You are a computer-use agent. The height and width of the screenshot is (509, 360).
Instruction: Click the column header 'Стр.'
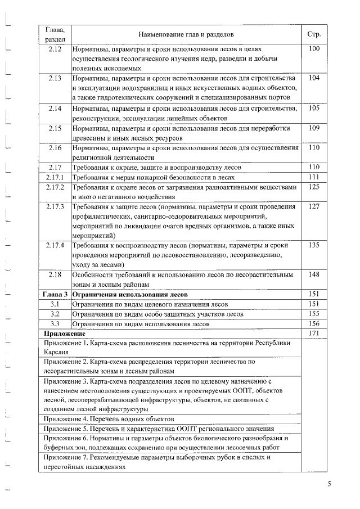[314, 34]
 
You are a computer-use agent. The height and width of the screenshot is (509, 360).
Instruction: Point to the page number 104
[314, 78]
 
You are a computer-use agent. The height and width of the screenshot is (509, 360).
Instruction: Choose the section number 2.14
[55, 108]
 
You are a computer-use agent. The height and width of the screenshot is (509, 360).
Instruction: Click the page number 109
[314, 128]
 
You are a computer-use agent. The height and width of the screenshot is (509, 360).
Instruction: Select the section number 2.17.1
[55, 177]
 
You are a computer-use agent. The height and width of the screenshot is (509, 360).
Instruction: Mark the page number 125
[314, 187]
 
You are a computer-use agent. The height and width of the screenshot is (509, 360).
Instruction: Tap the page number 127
[314, 206]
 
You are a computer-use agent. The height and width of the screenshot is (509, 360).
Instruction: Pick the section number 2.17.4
[55, 245]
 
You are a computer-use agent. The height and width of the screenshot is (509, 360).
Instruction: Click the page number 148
[314, 274]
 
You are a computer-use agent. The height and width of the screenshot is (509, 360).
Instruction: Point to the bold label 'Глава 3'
[55, 294]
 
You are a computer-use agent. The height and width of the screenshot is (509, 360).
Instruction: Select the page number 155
[314, 314]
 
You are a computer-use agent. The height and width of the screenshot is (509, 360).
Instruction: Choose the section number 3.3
[55, 324]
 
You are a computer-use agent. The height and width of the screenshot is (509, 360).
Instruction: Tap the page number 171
[314, 334]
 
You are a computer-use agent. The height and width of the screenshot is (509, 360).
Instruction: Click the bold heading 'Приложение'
[61, 334]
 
